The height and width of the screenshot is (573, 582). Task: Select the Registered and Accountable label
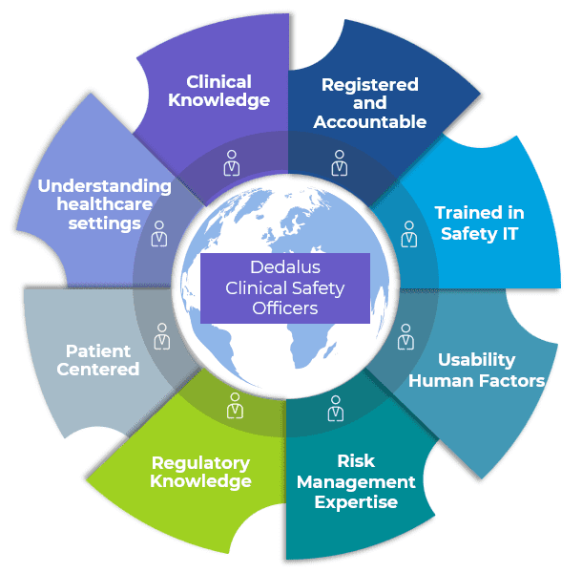(x=369, y=103)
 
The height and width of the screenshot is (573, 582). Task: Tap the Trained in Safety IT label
(x=479, y=223)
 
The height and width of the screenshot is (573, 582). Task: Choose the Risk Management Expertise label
(x=356, y=482)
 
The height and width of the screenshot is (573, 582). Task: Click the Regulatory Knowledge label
(x=200, y=472)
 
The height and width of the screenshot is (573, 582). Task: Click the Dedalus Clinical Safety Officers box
(x=284, y=287)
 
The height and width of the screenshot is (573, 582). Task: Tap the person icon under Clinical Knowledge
(x=231, y=161)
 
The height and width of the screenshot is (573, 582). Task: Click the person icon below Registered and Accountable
(x=339, y=161)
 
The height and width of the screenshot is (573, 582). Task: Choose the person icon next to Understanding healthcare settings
(x=159, y=233)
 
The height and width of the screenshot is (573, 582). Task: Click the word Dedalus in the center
(x=284, y=267)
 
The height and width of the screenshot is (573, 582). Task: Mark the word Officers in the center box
(x=284, y=308)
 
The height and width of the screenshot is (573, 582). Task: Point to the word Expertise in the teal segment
(x=356, y=501)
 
